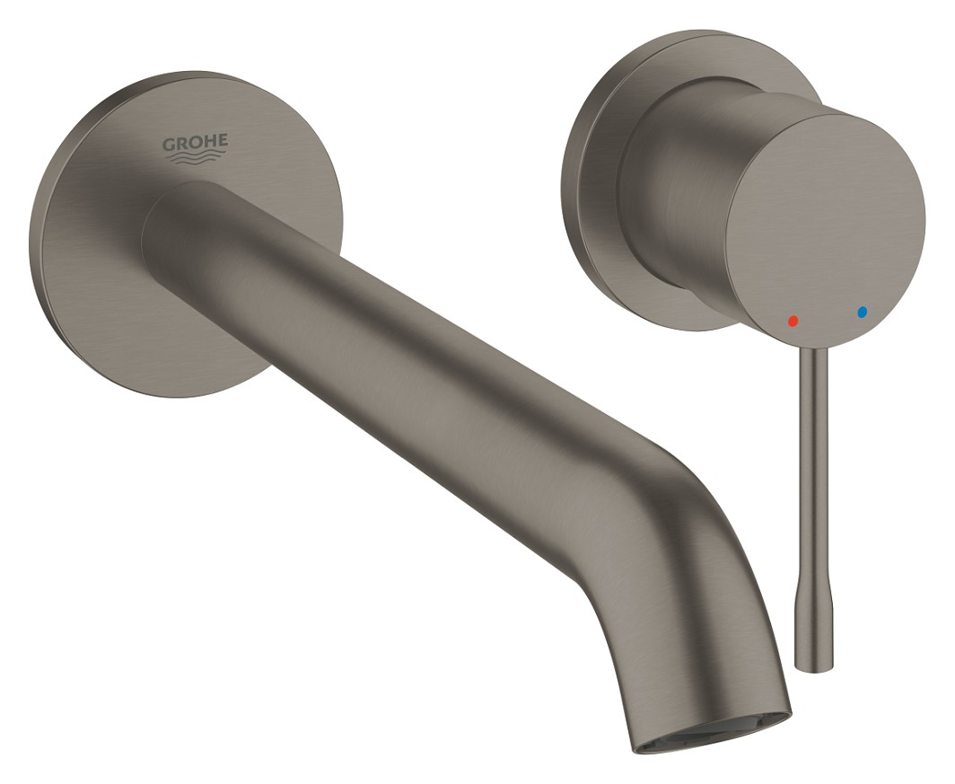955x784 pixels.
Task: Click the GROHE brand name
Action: [194, 143]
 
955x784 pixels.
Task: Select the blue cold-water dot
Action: [861, 313]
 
